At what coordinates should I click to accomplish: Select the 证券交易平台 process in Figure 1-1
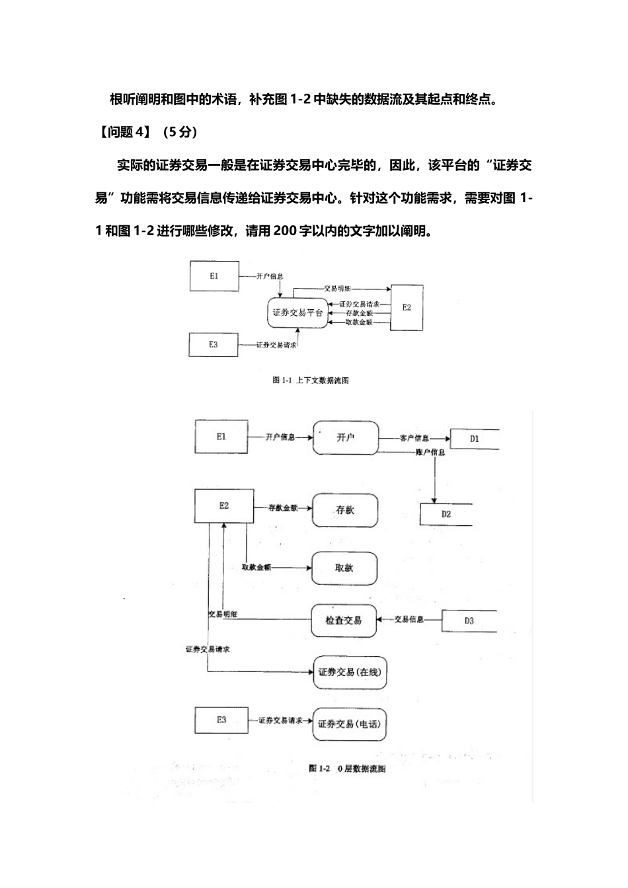[298, 313]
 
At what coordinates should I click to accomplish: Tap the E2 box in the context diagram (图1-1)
[407, 307]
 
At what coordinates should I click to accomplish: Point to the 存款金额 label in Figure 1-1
[360, 313]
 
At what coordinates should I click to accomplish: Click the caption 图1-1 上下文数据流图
[311, 381]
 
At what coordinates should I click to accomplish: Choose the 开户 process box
[346, 437]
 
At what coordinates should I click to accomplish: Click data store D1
[474, 438]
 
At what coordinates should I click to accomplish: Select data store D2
[446, 514]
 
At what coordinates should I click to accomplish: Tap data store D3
[469, 621]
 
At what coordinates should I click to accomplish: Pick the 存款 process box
[345, 510]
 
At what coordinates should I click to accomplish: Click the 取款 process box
[344, 568]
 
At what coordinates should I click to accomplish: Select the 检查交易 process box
[344, 620]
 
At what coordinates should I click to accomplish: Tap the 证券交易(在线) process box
[350, 672]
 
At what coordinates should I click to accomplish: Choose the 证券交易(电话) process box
[349, 724]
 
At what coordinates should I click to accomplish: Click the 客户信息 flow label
[414, 438]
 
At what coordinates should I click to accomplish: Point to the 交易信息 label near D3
[409, 620]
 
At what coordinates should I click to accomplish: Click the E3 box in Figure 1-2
[221, 720]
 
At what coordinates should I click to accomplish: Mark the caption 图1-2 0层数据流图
[347, 768]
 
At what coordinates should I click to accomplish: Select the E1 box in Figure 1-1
[214, 276]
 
